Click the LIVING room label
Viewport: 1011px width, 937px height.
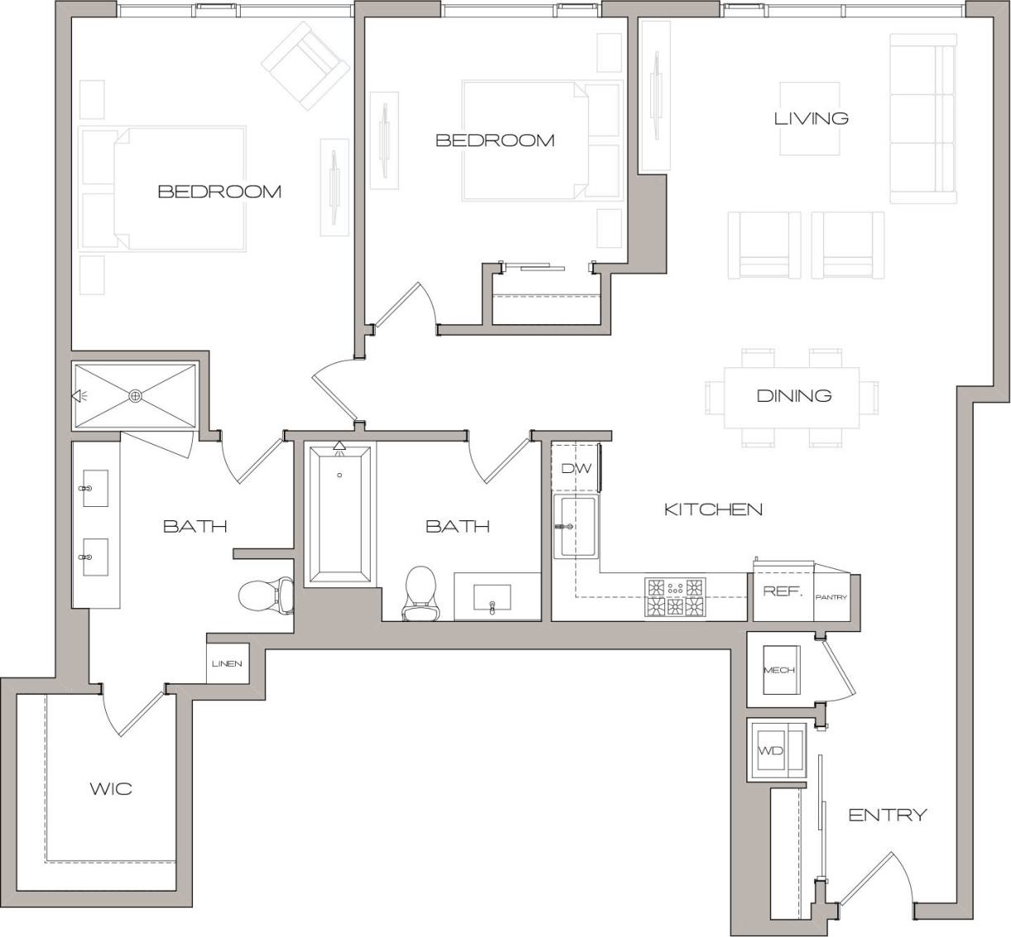[811, 118]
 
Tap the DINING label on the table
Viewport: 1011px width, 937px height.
[793, 395]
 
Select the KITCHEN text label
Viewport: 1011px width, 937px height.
[713, 509]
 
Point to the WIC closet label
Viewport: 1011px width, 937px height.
[111, 788]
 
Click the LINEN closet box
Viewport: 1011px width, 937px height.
[227, 663]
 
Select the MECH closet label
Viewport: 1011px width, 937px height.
[779, 670]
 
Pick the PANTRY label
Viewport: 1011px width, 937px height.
[831, 596]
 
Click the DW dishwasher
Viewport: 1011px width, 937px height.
[577, 468]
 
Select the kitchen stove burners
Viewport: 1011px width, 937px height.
[675, 597]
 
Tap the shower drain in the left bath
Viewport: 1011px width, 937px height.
[136, 396]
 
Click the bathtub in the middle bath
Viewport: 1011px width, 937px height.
[339, 514]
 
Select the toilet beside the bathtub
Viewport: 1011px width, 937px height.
[419, 592]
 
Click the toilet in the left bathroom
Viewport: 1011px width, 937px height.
[266, 595]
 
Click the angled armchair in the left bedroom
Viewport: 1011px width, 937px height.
[304, 65]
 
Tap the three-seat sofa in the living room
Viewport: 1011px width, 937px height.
[922, 118]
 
